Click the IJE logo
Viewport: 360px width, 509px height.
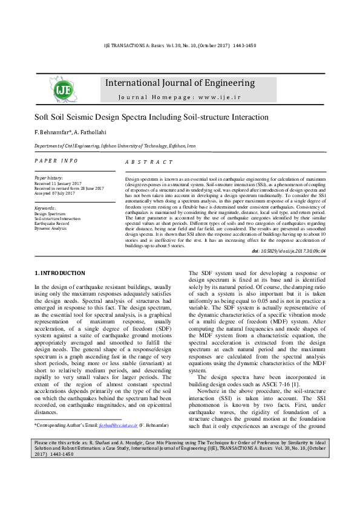(x=63, y=89)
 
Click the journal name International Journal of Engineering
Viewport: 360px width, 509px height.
(x=180, y=83)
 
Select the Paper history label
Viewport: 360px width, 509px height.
(x=48, y=178)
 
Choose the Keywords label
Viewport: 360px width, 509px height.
(x=45, y=209)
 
